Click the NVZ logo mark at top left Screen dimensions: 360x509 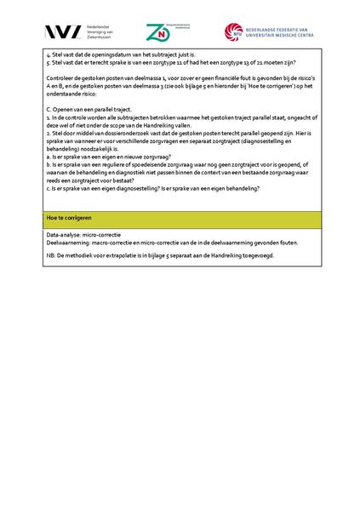click(64, 32)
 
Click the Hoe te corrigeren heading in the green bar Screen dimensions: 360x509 click(70, 218)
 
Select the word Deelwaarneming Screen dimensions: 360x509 click(70, 242)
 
